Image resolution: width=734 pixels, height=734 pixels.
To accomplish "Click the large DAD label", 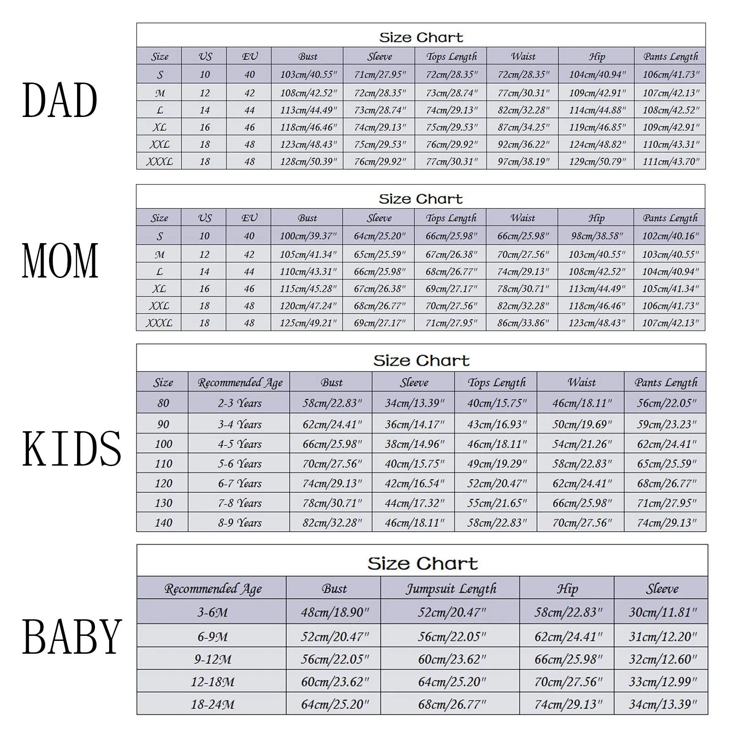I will (x=60, y=100).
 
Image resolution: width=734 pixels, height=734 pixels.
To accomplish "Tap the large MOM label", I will (x=60, y=261).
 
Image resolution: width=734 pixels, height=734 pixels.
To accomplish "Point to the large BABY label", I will (x=72, y=636).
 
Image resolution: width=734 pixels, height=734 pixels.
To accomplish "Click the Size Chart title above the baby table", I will (x=422, y=563).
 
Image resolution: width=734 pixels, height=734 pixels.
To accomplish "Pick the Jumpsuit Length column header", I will (x=450, y=589).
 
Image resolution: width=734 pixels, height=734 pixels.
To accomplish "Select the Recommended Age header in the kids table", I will (x=239, y=382).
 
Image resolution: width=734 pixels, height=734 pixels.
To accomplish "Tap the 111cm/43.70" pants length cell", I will (x=671, y=161).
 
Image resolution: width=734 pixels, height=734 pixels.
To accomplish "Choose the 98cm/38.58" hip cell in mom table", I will (x=596, y=236).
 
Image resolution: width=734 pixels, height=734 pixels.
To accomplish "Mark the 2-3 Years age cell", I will (x=239, y=403).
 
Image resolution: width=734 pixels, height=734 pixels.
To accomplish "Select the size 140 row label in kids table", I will (x=163, y=523).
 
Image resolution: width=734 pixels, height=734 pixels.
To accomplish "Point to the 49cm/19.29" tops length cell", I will (x=497, y=464).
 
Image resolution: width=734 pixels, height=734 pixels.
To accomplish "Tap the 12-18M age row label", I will (x=212, y=682).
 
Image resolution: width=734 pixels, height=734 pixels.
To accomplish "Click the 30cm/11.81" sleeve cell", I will (x=662, y=612).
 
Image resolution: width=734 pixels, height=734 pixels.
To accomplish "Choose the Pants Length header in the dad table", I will (x=670, y=56).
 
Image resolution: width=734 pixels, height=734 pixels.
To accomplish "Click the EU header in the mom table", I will (x=249, y=218).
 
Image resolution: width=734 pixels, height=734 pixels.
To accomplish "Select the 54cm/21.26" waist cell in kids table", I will (x=582, y=444).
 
